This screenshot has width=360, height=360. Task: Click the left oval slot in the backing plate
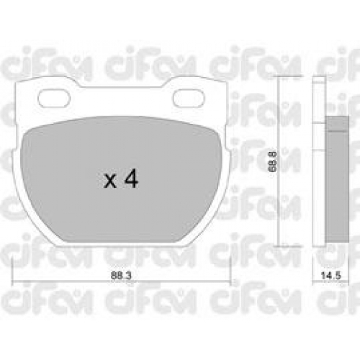(x=54, y=98)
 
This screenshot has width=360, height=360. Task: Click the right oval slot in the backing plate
(x=189, y=98)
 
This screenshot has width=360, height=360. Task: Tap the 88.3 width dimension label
(x=121, y=276)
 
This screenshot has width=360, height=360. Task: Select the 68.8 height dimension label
(x=272, y=161)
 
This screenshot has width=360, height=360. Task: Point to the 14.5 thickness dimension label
(x=331, y=276)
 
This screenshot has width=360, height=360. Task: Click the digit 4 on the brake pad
(x=131, y=179)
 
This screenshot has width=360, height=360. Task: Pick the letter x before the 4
(x=110, y=181)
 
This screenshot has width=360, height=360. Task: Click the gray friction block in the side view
(x=337, y=179)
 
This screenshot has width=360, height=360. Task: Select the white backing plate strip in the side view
(x=319, y=161)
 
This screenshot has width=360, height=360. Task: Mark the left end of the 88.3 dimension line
(x=12, y=280)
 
